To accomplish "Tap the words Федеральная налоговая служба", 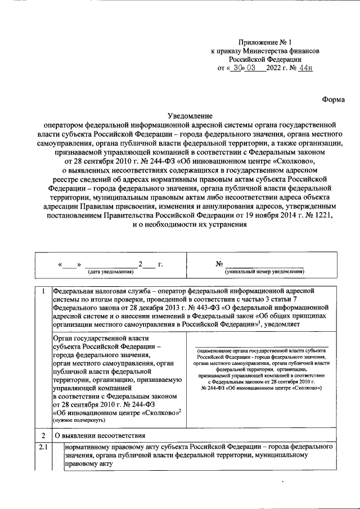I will [x=94, y=291].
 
